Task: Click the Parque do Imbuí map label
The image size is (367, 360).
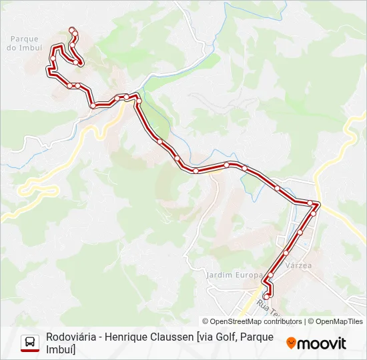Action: point(25,43)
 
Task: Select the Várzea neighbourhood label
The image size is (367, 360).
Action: point(298,265)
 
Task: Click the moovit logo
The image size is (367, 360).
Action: point(316,343)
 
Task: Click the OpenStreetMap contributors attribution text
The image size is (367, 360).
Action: point(252,321)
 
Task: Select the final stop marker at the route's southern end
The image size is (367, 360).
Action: point(267,296)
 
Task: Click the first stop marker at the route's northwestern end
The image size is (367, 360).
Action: point(71,29)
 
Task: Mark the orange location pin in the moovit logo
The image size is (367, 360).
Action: point(291,343)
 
